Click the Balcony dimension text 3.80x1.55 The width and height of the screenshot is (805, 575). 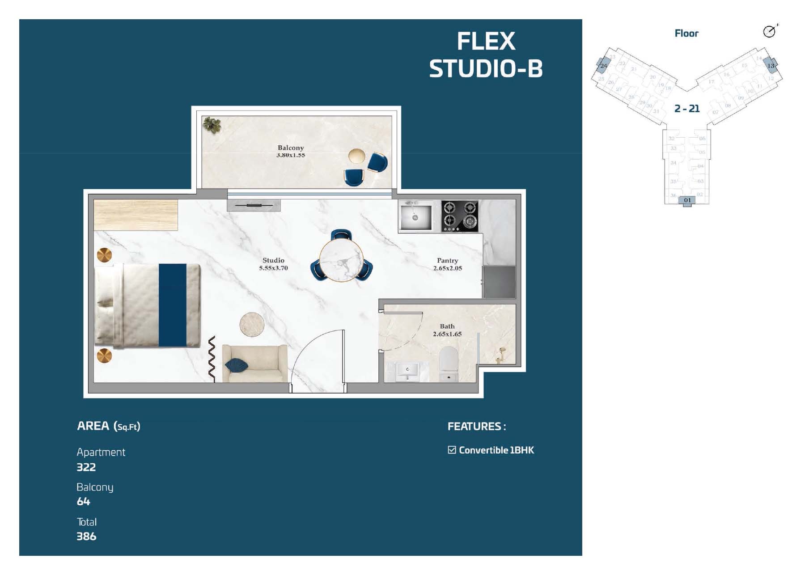(290, 155)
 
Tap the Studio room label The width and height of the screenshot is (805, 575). (273, 260)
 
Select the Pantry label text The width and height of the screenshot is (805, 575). (447, 260)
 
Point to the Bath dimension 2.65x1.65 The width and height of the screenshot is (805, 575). (447, 334)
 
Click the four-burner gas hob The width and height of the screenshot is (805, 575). (460, 216)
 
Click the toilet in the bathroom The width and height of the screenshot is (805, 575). (449, 364)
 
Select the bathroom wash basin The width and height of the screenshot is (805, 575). (407, 372)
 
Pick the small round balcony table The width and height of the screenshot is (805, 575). (356, 156)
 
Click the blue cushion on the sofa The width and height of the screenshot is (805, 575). (236, 365)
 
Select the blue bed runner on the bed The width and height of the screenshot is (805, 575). (173, 305)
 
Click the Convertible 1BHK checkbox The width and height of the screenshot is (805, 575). (452, 450)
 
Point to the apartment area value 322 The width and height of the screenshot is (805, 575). (86, 467)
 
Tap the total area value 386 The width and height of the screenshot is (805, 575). (86, 536)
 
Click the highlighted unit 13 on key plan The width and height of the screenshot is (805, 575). (770, 65)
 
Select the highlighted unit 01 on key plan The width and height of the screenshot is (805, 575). (687, 200)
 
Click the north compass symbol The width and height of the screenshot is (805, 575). (769, 31)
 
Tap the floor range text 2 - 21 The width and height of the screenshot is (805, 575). (687, 108)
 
